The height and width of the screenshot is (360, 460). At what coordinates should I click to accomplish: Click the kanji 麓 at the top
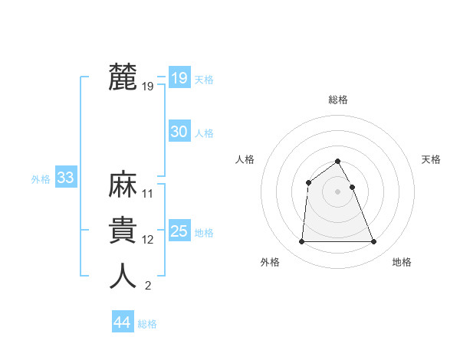[123, 77]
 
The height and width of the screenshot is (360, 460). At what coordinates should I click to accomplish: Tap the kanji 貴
[123, 231]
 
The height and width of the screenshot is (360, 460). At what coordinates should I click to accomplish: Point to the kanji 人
[123, 277]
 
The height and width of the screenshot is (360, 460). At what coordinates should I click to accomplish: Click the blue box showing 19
[179, 78]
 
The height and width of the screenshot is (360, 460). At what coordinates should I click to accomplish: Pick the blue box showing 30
[179, 132]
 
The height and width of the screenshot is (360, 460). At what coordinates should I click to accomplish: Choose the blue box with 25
[179, 231]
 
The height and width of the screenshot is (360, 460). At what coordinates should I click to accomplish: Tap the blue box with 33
[65, 178]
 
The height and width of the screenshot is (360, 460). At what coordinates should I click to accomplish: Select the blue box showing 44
[122, 322]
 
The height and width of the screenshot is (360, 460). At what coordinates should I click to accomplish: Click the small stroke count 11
[148, 194]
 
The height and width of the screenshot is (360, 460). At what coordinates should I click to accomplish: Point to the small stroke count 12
[148, 240]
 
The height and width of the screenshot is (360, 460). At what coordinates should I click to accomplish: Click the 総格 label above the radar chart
[338, 100]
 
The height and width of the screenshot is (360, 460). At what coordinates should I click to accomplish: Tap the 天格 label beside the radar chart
[431, 159]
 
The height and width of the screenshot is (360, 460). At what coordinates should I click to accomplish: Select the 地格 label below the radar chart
[402, 262]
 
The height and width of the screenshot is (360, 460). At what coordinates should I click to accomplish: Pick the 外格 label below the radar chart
[270, 262]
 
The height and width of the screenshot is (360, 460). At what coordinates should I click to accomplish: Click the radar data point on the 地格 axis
[374, 242]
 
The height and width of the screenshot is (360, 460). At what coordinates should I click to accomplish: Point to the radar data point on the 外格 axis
[301, 242]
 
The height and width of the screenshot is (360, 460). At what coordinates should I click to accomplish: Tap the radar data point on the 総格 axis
[338, 161]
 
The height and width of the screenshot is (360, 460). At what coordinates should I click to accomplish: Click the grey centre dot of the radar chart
[338, 191]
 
